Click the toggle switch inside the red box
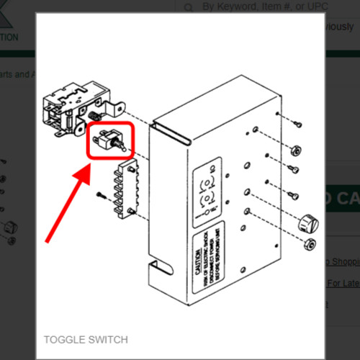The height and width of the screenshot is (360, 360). pos(111,141)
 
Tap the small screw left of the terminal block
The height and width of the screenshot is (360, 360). pos(100,193)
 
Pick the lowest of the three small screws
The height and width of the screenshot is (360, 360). pos(292,196)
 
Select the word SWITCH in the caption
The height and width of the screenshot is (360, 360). pos(109,339)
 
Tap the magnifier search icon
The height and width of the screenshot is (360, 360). pos(189,8)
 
